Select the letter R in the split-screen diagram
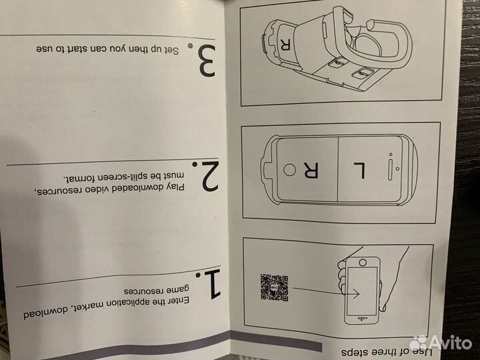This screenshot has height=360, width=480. [x=310, y=170]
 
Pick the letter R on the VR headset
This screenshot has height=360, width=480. [x=285, y=45]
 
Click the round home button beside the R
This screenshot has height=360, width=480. [x=289, y=170]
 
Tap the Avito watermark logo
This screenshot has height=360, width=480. [x=441, y=343]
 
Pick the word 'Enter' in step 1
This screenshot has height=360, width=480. [x=170, y=303]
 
